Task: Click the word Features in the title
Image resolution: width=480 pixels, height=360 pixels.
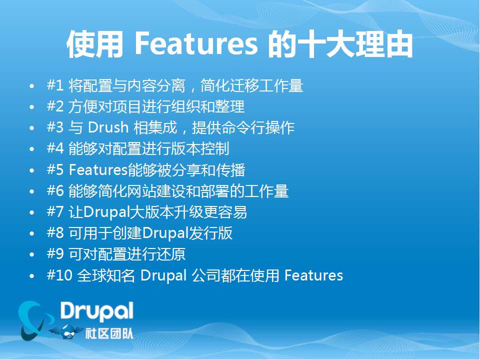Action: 196,44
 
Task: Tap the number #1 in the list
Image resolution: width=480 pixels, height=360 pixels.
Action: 55,85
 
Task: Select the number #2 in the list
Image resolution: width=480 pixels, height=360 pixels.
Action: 55,106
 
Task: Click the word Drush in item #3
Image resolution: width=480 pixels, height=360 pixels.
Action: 108,127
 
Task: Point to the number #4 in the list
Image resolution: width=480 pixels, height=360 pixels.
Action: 55,148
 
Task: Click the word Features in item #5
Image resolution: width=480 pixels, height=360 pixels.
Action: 98,169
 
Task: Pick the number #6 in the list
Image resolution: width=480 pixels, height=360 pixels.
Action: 55,190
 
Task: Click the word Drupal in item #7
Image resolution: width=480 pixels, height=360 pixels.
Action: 106,212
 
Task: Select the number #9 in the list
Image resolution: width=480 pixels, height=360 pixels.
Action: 55,254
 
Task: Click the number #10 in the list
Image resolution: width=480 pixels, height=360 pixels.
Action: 59,275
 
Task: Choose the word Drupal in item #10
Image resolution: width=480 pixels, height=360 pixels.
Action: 163,275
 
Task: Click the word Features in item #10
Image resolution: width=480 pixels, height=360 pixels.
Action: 314,275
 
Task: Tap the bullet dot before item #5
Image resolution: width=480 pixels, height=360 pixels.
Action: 32,170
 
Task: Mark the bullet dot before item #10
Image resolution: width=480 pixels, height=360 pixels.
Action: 32,276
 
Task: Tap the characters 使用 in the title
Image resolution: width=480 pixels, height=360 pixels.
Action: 94,44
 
